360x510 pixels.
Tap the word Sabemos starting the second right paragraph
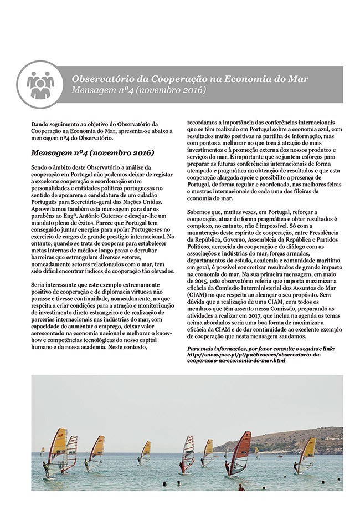(x=201, y=212)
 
